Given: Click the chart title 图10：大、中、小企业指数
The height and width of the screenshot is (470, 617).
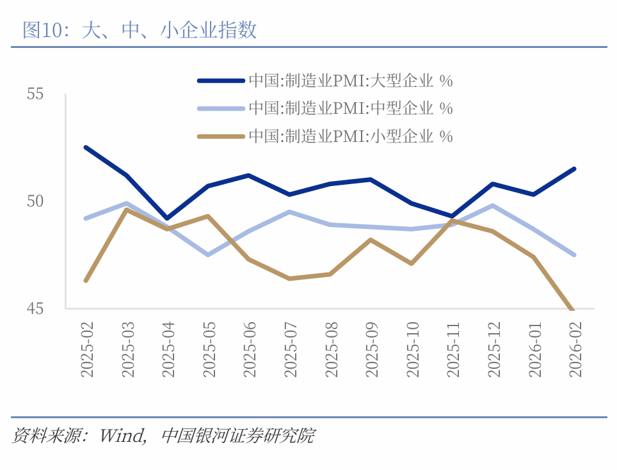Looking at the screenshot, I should click(x=140, y=29).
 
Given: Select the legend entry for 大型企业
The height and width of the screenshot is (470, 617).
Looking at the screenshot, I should click(x=350, y=81).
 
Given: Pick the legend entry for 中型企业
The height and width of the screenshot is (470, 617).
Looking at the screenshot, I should click(x=350, y=108).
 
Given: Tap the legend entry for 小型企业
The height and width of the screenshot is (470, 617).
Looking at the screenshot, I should click(x=350, y=136).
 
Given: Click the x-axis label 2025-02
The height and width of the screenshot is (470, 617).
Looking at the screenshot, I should click(x=87, y=349).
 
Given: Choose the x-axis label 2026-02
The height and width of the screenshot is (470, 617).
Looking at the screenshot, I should click(x=575, y=349).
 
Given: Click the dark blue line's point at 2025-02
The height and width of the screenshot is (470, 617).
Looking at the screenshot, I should click(x=86, y=147).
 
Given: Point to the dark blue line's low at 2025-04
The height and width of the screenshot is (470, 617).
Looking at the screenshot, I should click(x=167, y=218).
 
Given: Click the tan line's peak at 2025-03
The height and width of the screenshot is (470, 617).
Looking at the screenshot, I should click(x=127, y=210).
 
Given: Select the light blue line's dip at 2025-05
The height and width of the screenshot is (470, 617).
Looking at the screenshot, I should click(x=208, y=255).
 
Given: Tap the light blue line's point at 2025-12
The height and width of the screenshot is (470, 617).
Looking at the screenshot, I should click(x=492, y=205).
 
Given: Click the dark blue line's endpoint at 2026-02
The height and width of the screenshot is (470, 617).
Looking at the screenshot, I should click(x=574, y=169).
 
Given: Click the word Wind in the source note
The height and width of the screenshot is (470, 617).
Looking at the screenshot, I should click(x=122, y=437).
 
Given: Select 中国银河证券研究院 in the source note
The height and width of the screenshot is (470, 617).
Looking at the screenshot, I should click(x=238, y=437).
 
